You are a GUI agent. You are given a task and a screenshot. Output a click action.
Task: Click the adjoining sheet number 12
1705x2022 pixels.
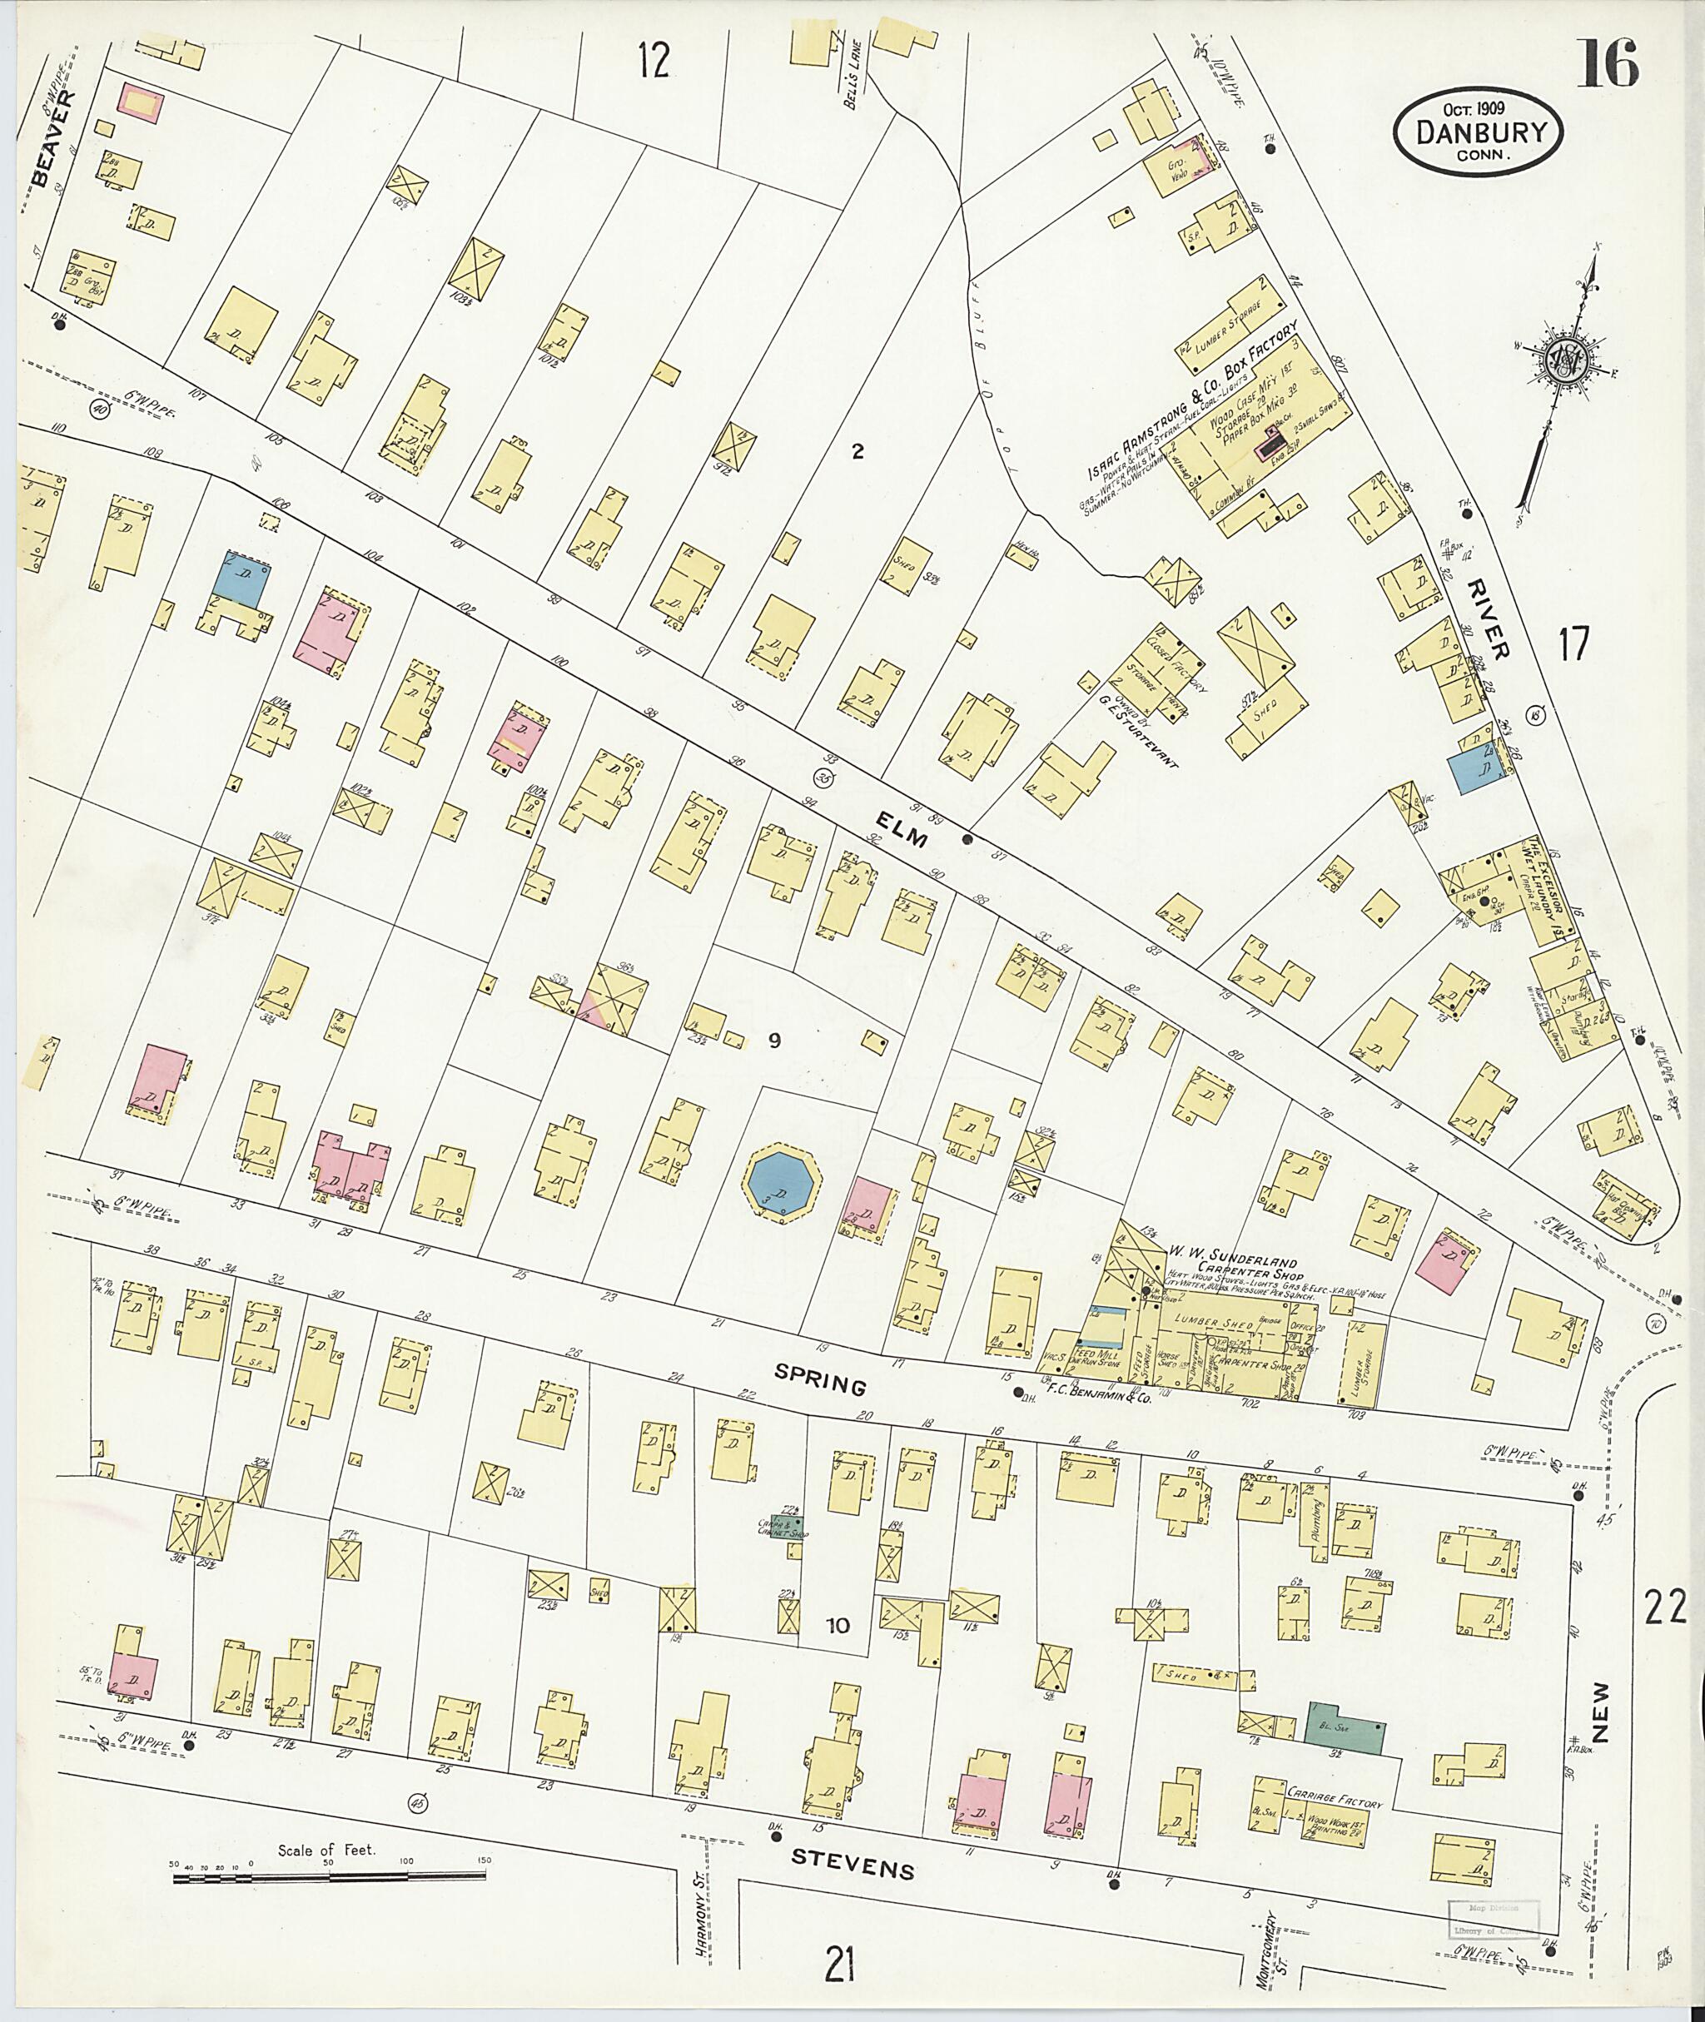click(654, 62)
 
